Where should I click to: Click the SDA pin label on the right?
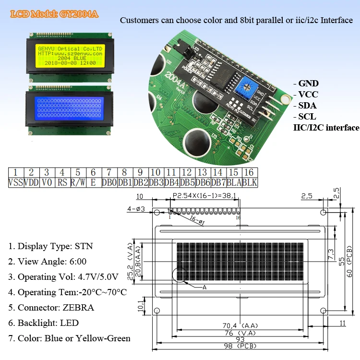308,106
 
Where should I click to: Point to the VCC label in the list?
308,95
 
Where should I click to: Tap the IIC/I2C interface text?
326,128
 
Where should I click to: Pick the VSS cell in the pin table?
15,182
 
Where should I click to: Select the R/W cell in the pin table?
78,182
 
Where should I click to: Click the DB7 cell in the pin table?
219,182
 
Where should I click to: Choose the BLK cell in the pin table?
250,182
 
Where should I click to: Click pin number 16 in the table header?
250,172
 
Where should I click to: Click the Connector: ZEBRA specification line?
51,308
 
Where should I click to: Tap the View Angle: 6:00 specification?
47,262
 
